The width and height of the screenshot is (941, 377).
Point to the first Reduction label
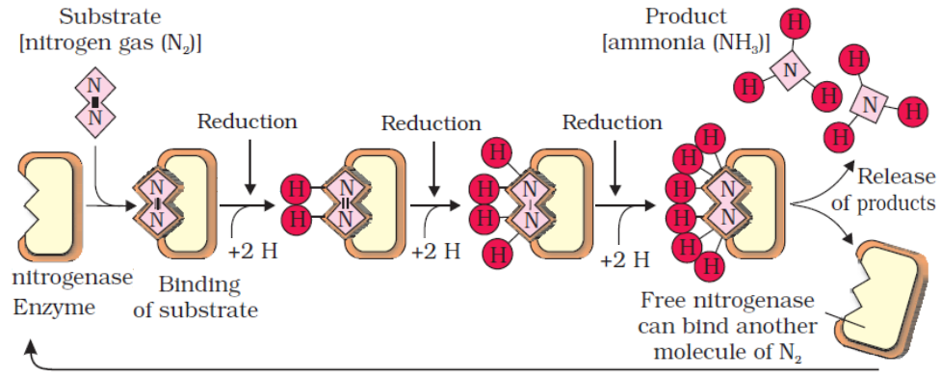(248, 121)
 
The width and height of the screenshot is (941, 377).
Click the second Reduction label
(431, 122)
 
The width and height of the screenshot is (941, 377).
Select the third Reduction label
(613, 122)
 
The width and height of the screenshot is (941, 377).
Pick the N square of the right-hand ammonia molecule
(870, 100)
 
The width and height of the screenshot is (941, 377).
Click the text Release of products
(895, 190)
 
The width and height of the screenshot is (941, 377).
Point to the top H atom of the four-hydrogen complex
(497, 152)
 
